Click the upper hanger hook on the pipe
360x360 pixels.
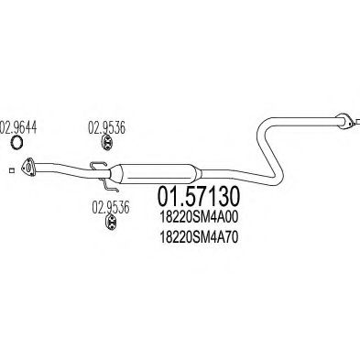coord(96,167)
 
